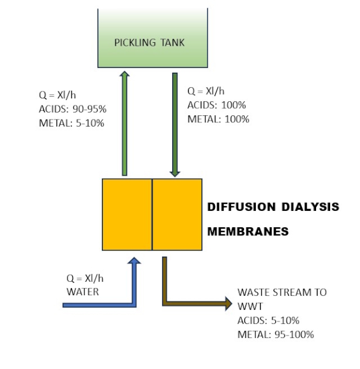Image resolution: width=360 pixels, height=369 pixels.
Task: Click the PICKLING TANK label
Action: tap(149, 43)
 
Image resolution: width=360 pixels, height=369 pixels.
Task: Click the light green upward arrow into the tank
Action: tap(125, 124)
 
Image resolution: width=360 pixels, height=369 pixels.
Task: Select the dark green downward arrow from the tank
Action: tap(175, 125)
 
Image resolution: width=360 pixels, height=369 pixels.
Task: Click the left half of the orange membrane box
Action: tap(127, 214)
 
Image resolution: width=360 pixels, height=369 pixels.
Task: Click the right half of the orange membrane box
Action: tap(177, 214)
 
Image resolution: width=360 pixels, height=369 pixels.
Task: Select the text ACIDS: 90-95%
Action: tap(73, 109)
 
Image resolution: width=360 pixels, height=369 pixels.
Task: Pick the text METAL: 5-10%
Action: tap(71, 124)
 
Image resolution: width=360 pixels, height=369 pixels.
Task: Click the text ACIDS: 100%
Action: tap(217, 105)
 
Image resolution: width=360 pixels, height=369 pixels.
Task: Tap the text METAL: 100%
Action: tap(218, 119)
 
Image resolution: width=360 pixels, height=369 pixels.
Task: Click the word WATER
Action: tap(83, 292)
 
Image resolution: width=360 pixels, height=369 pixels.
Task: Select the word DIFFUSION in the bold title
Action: tap(242, 207)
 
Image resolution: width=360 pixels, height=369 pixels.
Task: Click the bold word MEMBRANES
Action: tap(248, 231)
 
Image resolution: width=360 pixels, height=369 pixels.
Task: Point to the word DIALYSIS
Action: tap(310, 207)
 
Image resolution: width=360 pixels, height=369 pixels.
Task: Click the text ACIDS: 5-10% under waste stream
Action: tap(268, 320)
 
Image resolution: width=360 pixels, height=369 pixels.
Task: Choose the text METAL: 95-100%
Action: tap(276, 334)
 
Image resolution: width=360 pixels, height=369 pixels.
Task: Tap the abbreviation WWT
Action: tap(250, 306)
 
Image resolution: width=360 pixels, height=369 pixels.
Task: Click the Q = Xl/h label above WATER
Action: tap(85, 278)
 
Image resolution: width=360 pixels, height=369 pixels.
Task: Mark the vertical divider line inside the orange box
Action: tap(152, 214)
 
